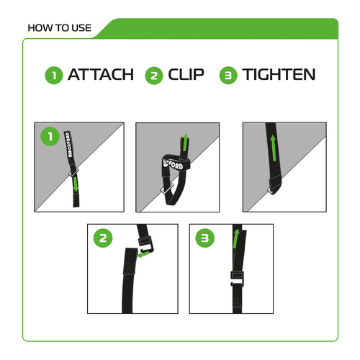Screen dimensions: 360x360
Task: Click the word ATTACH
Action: coord(100,75)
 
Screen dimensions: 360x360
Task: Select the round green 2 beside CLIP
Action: coord(153,75)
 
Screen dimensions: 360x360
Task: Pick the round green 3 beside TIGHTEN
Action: coord(229,75)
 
